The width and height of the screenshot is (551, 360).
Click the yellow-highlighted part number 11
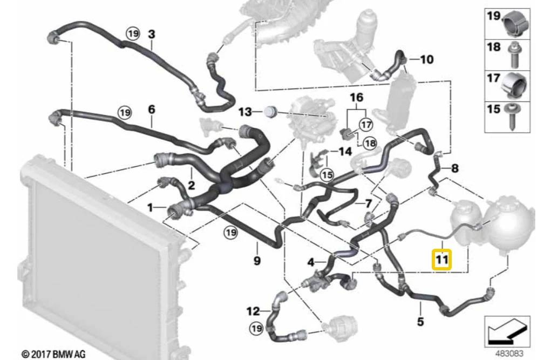(x=441, y=260)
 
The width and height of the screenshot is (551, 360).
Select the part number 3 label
(x=152, y=35)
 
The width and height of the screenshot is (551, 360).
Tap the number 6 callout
(x=152, y=110)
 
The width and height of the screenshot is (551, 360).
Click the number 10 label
(x=426, y=59)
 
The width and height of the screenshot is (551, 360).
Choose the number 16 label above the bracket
(x=356, y=97)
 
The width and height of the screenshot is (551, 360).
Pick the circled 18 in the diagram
(x=370, y=143)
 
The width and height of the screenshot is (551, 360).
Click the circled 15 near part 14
(x=327, y=174)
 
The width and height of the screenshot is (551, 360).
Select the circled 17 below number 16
(x=366, y=124)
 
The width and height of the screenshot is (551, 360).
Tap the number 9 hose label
(x=257, y=261)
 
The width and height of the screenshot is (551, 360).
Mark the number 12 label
(x=253, y=311)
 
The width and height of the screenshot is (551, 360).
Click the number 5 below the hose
(x=420, y=321)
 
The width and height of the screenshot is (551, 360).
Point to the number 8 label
(x=455, y=168)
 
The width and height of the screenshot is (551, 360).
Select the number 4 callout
(x=311, y=262)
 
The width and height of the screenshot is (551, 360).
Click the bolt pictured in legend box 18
(x=514, y=55)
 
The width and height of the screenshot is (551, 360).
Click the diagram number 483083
(x=509, y=353)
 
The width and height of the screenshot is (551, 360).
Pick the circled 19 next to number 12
(x=256, y=328)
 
